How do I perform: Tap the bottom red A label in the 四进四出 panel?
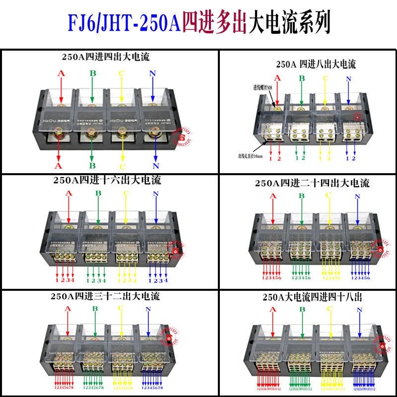click(x=59, y=165)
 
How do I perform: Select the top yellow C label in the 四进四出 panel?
click(x=121, y=74)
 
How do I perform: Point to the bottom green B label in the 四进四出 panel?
click(x=92, y=165)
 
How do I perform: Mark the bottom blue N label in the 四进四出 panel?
click(x=156, y=166)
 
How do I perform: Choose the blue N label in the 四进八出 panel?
click(x=348, y=79)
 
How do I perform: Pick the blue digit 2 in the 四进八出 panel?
click(x=353, y=158)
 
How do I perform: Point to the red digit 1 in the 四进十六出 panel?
click(x=57, y=280)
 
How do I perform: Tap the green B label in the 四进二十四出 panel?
click(x=301, y=196)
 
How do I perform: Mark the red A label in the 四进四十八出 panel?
click(x=272, y=310)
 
